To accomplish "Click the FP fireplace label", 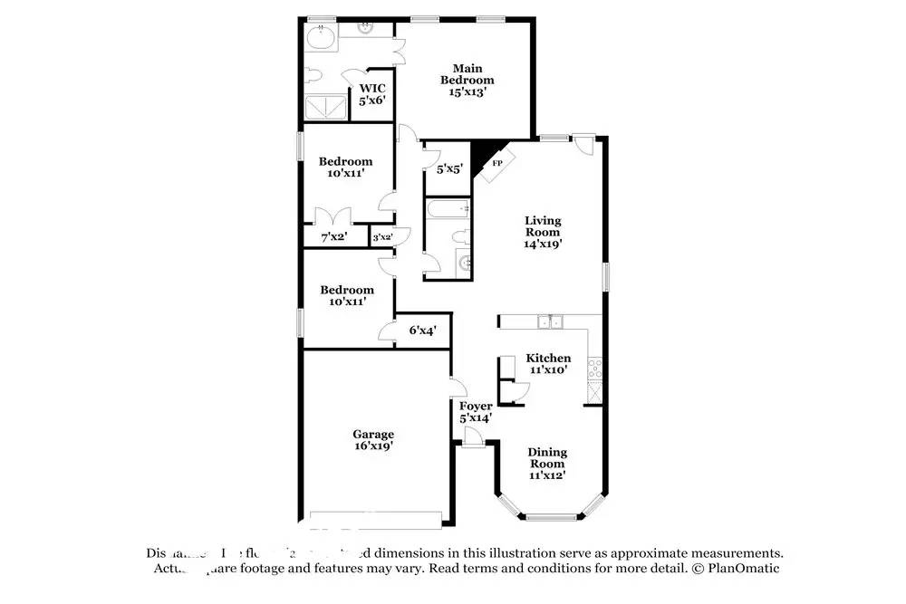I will (496, 164).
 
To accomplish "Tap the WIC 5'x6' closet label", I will (372, 94).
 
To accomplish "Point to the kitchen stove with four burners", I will (594, 367).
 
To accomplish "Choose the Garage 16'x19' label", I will (372, 440).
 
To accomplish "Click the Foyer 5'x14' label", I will (476, 412).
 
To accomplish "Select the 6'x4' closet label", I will (422, 331).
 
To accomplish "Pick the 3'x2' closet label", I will (382, 237).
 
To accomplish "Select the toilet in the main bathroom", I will (313, 75).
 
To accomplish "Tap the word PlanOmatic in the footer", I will (742, 569).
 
